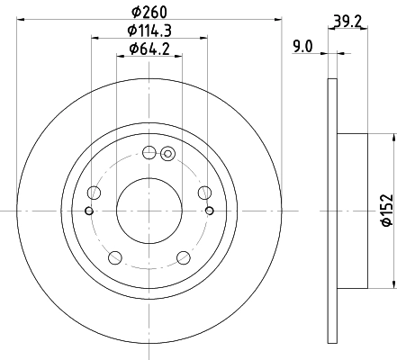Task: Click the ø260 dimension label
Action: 149,12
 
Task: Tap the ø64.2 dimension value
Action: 149,49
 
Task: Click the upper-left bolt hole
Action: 95,192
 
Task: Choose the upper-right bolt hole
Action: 203,192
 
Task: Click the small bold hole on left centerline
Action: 87,211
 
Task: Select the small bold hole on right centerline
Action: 210,211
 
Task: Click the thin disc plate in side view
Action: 329,211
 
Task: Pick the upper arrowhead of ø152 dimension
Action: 394,138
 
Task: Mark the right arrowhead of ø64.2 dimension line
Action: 176,55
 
